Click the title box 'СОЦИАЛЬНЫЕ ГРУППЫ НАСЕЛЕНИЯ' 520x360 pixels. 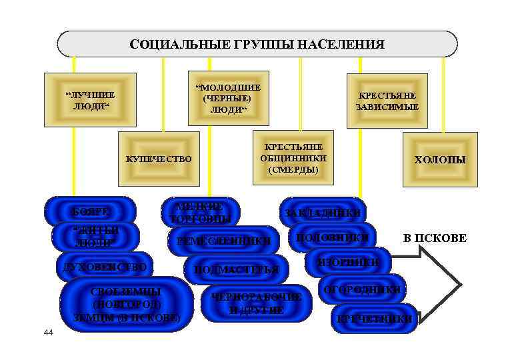[257, 44]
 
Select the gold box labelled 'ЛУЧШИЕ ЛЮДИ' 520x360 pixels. [89, 99]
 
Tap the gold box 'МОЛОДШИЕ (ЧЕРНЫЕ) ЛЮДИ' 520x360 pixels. [228, 98]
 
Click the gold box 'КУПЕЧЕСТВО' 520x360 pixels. [159, 159]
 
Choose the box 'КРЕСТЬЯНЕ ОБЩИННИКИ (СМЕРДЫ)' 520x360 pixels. [293, 159]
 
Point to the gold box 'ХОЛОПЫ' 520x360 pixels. [440, 159]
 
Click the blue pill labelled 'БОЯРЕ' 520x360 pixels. [90, 211]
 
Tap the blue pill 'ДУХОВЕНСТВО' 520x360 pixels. [104, 267]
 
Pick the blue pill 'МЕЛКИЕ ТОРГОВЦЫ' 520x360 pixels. [201, 211]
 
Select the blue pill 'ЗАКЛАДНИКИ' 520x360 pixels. [323, 212]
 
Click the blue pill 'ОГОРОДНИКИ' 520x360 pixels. [362, 289]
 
